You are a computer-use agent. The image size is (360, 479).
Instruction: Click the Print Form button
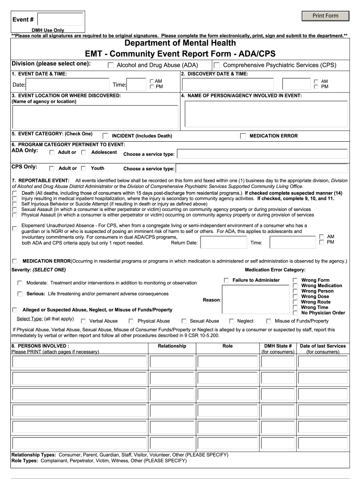[x=325, y=16]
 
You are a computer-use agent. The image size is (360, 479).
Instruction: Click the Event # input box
[x=60, y=19]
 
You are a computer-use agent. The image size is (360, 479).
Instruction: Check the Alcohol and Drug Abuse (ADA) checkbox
[x=111, y=65]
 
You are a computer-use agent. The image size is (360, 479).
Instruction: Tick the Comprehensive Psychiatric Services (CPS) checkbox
[x=217, y=65]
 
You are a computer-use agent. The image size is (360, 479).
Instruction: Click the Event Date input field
[x=68, y=84]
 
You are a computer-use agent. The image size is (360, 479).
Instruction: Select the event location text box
[x=95, y=117]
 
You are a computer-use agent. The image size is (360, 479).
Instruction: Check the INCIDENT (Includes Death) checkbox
[x=105, y=136]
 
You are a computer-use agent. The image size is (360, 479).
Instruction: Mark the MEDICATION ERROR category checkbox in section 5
[x=243, y=136]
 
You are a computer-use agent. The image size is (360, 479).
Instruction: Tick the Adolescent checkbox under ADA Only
[x=84, y=152]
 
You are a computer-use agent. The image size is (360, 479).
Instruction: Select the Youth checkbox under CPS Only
[x=84, y=168]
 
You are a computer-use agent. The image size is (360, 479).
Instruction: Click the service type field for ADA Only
[x=262, y=154]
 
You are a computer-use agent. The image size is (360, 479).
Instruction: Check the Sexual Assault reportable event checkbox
[x=15, y=210]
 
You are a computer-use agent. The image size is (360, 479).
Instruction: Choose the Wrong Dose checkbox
[x=295, y=297]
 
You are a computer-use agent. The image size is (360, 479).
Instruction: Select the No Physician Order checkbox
[x=295, y=313]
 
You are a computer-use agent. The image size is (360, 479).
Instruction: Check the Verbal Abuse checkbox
[x=84, y=321]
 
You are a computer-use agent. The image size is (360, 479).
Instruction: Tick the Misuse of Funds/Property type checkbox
[x=269, y=321]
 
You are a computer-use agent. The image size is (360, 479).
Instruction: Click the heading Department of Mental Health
[x=180, y=44]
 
